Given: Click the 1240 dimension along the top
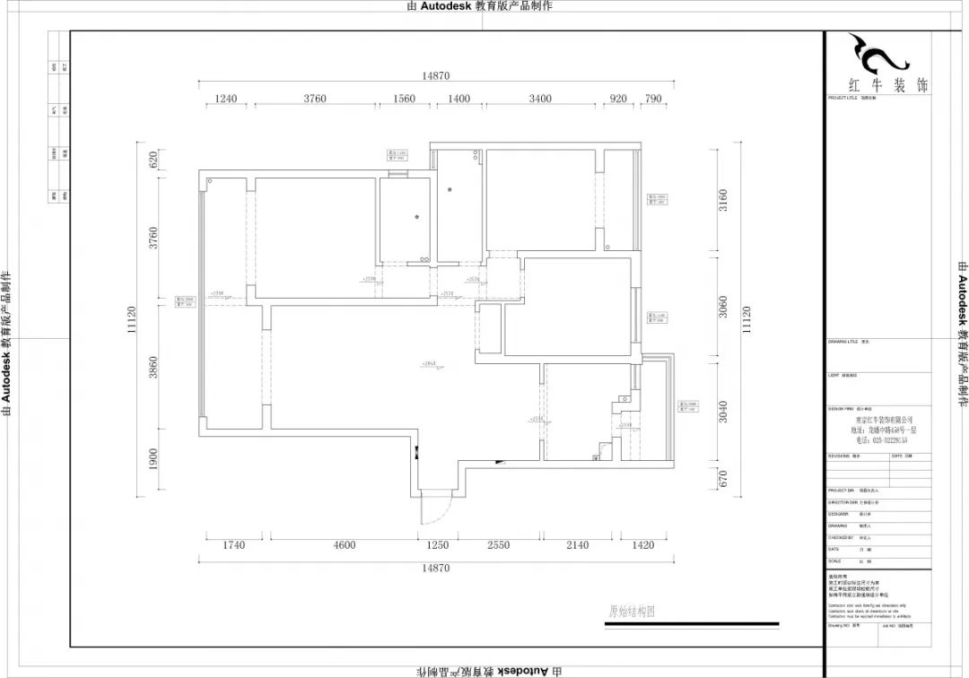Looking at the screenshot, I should pos(225,99).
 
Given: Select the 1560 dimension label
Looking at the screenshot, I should pos(405,99).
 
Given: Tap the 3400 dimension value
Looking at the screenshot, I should pos(540,99).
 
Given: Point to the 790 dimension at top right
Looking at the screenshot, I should pos(654,99).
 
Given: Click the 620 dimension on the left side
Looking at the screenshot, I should pos(153,160).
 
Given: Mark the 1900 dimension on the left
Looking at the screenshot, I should pos(153,459).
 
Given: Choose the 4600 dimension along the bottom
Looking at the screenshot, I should pos(345,544).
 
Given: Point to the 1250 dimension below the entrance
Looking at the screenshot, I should pos(437,544).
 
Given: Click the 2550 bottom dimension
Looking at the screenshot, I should pos(498,544).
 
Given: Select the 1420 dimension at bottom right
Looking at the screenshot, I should pos(643,544).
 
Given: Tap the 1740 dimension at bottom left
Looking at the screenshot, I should pos(233,544).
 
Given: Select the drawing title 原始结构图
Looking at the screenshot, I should pos(632,612).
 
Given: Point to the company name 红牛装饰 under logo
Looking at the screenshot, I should pos(888,85).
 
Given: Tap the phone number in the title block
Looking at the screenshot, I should pos(883,440).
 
